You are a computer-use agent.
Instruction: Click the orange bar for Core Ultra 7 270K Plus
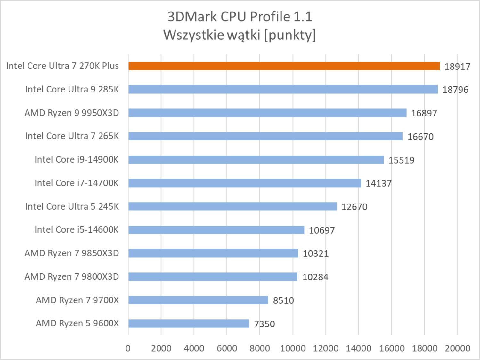pyautogui.click(x=284, y=66)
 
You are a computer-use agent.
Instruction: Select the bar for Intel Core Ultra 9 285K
pyautogui.click(x=283, y=89)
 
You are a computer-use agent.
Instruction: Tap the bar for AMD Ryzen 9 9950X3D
pyautogui.click(x=267, y=113)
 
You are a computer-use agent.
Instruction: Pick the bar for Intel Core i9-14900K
pyautogui.click(x=256, y=159)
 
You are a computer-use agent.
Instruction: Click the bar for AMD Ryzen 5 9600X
pyautogui.click(x=189, y=323)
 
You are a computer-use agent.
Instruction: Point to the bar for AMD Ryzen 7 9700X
pyautogui.click(x=198, y=300)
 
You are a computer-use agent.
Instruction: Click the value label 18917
pyautogui.click(x=457, y=67)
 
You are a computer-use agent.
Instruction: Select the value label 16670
pyautogui.click(x=420, y=137)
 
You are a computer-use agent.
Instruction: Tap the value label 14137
pyautogui.click(x=378, y=183)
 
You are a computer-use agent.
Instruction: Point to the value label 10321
pyautogui.click(x=316, y=253)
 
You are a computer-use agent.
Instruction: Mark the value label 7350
pyautogui.click(x=264, y=324)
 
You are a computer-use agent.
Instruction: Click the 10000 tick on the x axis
pyautogui.click(x=293, y=348)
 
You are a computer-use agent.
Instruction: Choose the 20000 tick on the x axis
pyautogui.click(x=457, y=348)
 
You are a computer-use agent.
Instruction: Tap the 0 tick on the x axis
pyautogui.click(x=128, y=348)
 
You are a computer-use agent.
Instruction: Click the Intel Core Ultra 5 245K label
pyautogui.click(x=72, y=206)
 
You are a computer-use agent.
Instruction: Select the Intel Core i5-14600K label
pyautogui.click(x=77, y=230)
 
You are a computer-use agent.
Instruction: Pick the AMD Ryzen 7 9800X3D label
pyautogui.click(x=72, y=276)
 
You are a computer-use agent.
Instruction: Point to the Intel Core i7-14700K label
pyautogui.click(x=77, y=183)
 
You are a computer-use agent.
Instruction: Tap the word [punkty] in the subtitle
pyautogui.click(x=290, y=35)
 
